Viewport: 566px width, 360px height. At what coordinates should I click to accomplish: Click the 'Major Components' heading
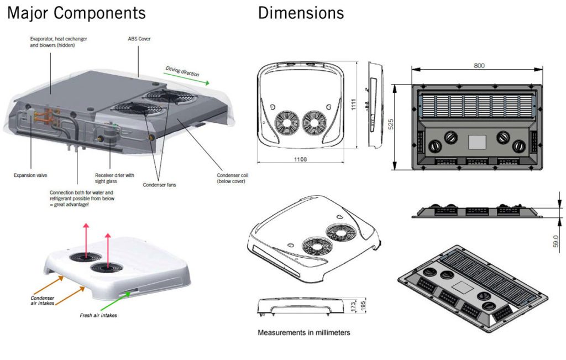(76, 13)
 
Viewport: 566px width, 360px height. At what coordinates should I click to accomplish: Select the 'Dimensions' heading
(301, 13)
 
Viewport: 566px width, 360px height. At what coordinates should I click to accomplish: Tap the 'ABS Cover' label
(139, 39)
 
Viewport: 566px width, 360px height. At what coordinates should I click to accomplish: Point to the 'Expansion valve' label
(30, 175)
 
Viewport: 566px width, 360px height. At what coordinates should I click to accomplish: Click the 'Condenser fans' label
(159, 184)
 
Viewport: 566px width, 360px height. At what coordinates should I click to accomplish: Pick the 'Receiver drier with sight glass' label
(114, 178)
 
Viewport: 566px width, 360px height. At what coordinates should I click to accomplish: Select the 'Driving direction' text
(182, 72)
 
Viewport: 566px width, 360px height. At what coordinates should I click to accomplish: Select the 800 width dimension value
(479, 65)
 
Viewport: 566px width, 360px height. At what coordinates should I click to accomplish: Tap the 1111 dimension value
(352, 104)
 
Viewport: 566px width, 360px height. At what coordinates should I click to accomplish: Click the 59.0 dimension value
(555, 242)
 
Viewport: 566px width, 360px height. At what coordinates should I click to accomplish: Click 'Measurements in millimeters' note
(304, 332)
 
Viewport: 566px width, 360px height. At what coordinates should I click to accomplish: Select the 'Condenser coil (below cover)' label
(232, 178)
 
